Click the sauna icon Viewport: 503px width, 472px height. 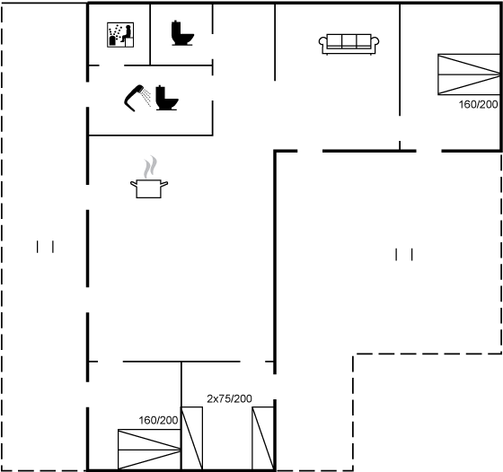point(120,35)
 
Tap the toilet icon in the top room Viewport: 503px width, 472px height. point(182,33)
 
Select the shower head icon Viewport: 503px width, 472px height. point(137,98)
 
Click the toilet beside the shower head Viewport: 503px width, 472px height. point(167,98)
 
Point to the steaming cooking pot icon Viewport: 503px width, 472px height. point(149,177)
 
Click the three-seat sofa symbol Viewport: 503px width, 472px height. point(349,44)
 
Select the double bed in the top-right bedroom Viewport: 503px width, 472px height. point(469,74)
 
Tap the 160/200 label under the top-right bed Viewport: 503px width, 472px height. point(478,104)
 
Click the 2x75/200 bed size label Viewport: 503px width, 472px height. point(229,398)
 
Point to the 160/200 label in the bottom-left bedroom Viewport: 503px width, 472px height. point(158,420)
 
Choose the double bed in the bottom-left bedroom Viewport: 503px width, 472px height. point(149,450)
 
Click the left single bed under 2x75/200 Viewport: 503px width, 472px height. point(192,439)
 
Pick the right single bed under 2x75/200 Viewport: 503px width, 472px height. point(263,439)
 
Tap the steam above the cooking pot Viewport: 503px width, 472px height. point(150,167)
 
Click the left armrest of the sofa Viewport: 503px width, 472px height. point(322,43)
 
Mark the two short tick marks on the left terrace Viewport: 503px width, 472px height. point(45,247)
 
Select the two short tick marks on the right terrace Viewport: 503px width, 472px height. point(404,255)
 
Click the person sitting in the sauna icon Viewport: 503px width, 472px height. point(126,34)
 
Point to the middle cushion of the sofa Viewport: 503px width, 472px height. point(349,41)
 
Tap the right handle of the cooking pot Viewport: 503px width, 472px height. point(163,184)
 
